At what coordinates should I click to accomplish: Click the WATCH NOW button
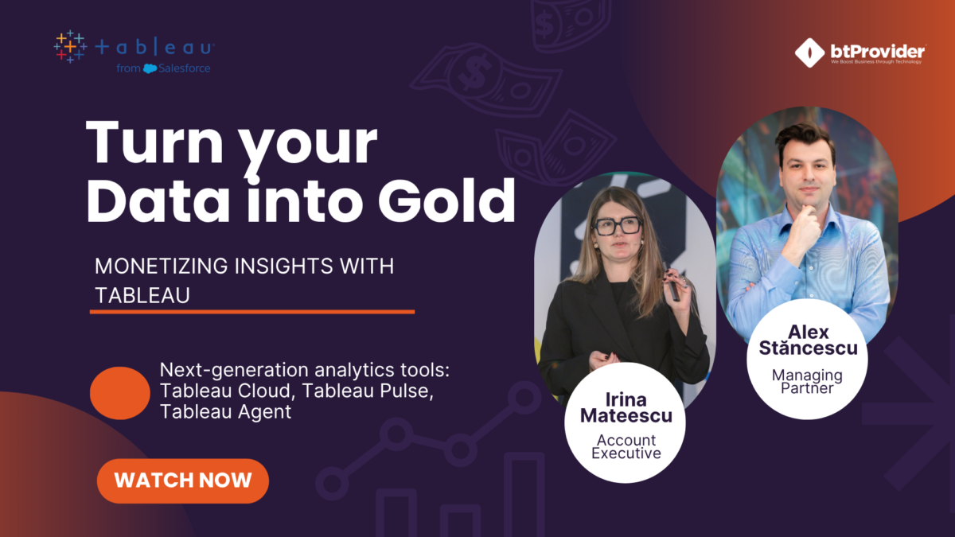point(183,481)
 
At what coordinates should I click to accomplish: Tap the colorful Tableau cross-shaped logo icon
point(70,47)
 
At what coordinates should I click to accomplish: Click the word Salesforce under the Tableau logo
point(184,68)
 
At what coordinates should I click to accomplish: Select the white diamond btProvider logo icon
point(809,53)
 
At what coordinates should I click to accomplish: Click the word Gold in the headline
point(446,200)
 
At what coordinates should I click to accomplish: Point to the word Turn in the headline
point(154,142)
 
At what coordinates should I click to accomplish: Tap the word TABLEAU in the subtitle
point(142,295)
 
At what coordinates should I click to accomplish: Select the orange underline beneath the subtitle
point(252,312)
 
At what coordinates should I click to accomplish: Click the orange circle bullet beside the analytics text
point(120,393)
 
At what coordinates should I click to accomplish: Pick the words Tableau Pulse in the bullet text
point(368,391)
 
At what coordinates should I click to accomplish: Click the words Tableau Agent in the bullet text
point(225,412)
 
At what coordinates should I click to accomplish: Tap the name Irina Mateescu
point(626,407)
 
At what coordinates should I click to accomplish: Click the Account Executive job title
point(626,446)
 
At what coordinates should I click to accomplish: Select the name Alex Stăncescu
point(808,340)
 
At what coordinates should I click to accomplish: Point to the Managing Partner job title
point(807,381)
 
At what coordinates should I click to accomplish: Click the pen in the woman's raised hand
point(672,282)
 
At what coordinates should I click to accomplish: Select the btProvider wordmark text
point(877,52)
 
